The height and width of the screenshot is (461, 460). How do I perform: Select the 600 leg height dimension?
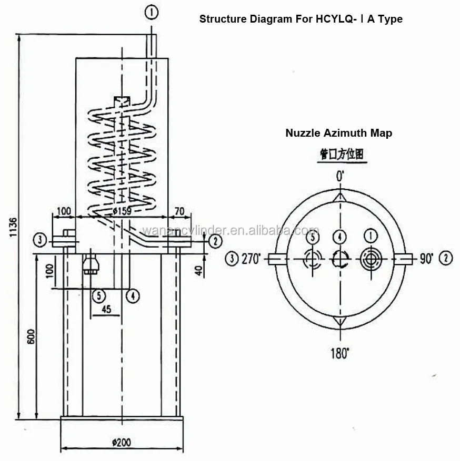(x=31, y=336)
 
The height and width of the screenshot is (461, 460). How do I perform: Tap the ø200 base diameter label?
(x=122, y=443)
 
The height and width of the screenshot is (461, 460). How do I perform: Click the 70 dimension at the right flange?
(x=179, y=211)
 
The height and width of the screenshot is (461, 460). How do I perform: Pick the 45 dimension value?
(x=106, y=310)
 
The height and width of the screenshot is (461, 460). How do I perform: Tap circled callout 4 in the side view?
(x=133, y=295)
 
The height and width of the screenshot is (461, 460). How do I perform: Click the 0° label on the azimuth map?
(x=341, y=176)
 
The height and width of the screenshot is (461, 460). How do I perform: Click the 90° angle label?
(x=426, y=258)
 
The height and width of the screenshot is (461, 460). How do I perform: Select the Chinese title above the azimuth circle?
(x=342, y=155)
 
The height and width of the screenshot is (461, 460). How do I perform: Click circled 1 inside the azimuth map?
(x=371, y=237)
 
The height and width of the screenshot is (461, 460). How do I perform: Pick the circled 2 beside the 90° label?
(x=445, y=258)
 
